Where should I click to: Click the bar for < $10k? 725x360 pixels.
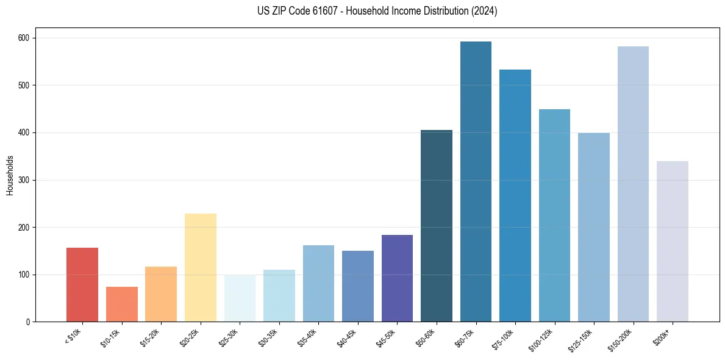click(x=82, y=284)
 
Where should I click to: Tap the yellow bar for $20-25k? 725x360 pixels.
click(x=200, y=267)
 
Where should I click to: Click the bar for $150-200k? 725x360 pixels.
click(x=633, y=184)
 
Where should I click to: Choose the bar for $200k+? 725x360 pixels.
click(x=672, y=241)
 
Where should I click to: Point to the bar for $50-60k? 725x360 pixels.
click(x=437, y=226)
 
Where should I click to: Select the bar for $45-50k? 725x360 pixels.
click(x=397, y=278)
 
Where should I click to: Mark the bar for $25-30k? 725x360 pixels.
click(x=240, y=298)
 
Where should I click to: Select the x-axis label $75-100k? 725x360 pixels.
click(x=504, y=337)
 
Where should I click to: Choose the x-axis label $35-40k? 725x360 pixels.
click(x=307, y=336)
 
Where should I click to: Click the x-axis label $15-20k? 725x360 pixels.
click(x=150, y=336)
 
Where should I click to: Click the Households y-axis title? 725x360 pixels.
click(x=10, y=175)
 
